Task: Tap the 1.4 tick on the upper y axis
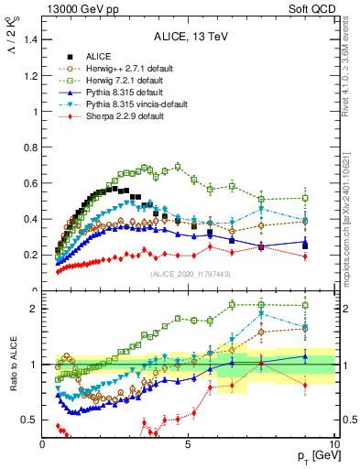31,40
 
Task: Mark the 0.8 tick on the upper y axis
31,147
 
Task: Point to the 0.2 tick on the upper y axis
31,255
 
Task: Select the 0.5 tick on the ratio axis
31,420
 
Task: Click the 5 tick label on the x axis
188,444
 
